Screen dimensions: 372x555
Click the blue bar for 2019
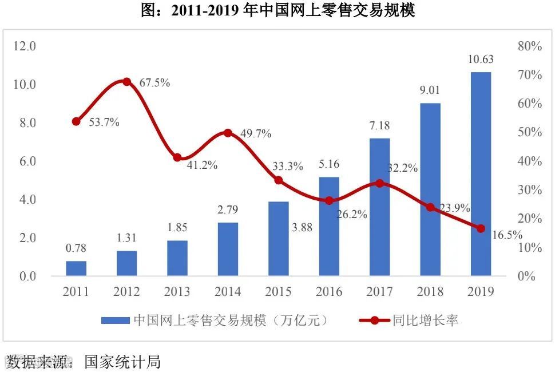481,174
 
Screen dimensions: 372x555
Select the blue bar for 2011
76,268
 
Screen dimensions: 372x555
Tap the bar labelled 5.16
329,227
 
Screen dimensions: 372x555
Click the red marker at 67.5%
127,82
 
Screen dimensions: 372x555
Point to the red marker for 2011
76,121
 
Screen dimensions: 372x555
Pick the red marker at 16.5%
481,228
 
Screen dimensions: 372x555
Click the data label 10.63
481,59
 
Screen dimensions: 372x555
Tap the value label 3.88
302,227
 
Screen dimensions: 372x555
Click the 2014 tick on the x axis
228,292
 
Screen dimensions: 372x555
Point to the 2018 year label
430,292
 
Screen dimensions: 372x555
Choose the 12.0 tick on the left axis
25,46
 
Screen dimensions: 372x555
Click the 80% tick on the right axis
529,46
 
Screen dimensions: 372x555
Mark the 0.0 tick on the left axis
25,276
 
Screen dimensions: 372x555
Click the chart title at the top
277,10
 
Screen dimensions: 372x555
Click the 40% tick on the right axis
529,161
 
